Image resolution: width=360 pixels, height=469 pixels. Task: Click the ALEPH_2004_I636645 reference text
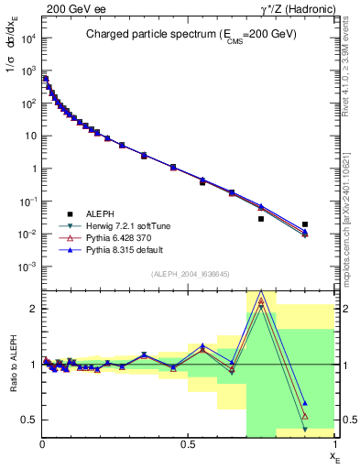tap(190, 275)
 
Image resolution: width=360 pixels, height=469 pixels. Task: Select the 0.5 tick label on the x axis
tap(188, 444)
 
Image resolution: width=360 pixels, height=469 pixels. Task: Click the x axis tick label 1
tap(334, 444)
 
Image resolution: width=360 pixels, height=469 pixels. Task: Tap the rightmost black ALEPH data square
tap(305, 224)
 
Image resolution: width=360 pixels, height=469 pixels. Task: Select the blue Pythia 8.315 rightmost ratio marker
tap(305, 403)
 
